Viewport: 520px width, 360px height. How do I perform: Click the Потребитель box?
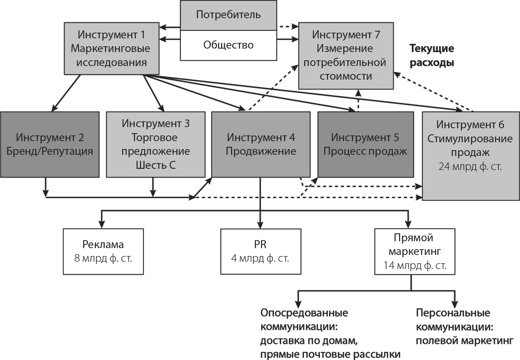(228, 15)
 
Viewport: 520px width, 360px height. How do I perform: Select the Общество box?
(228, 45)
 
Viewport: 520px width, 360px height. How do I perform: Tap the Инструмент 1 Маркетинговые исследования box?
(112, 49)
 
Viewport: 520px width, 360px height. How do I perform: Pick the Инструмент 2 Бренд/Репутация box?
(50, 145)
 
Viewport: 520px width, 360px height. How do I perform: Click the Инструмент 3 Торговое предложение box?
(156, 145)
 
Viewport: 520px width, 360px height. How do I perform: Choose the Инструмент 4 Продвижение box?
(261, 145)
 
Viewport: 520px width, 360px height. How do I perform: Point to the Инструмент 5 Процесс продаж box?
(365, 145)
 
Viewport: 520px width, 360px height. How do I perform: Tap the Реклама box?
(103, 251)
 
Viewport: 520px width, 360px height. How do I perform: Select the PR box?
(261, 251)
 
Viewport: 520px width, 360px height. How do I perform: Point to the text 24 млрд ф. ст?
(470, 167)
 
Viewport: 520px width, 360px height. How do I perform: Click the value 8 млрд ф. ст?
(103, 259)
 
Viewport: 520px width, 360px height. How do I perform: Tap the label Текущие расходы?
(432, 55)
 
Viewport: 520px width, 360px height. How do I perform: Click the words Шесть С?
(156, 165)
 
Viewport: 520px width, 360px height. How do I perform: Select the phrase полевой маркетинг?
(464, 341)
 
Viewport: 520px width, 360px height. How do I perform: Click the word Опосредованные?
(304, 313)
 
